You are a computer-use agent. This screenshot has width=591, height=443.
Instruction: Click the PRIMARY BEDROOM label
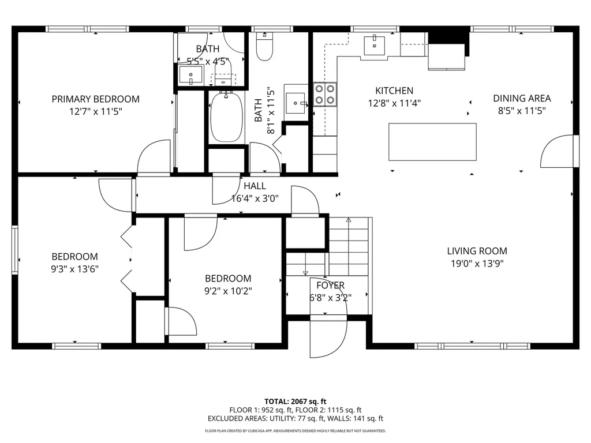click(95, 99)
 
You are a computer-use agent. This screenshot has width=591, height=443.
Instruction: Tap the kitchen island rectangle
click(433, 142)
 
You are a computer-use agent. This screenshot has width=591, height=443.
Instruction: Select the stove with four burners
click(325, 95)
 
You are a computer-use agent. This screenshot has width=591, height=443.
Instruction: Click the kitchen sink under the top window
click(376, 42)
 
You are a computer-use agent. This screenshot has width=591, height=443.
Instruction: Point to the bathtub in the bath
click(227, 118)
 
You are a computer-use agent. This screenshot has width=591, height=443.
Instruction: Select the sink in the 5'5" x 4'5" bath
click(190, 75)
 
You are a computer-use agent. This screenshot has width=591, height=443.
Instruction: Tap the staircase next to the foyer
click(349, 245)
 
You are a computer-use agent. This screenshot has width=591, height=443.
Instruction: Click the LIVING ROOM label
click(477, 251)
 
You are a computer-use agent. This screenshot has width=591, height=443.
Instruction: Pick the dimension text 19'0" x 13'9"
click(477, 264)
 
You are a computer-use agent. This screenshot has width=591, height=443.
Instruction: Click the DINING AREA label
click(521, 98)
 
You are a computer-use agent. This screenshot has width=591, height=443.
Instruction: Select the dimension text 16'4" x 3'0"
click(255, 198)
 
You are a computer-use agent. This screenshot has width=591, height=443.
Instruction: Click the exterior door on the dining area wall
click(559, 151)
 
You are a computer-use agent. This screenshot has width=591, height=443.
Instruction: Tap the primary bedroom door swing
click(153, 157)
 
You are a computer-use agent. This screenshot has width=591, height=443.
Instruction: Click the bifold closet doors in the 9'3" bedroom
click(127, 258)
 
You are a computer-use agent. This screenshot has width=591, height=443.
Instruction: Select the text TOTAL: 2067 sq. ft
click(295, 401)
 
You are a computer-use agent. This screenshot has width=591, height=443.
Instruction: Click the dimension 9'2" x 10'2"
click(228, 291)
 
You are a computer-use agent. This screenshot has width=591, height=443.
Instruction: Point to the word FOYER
click(330, 286)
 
